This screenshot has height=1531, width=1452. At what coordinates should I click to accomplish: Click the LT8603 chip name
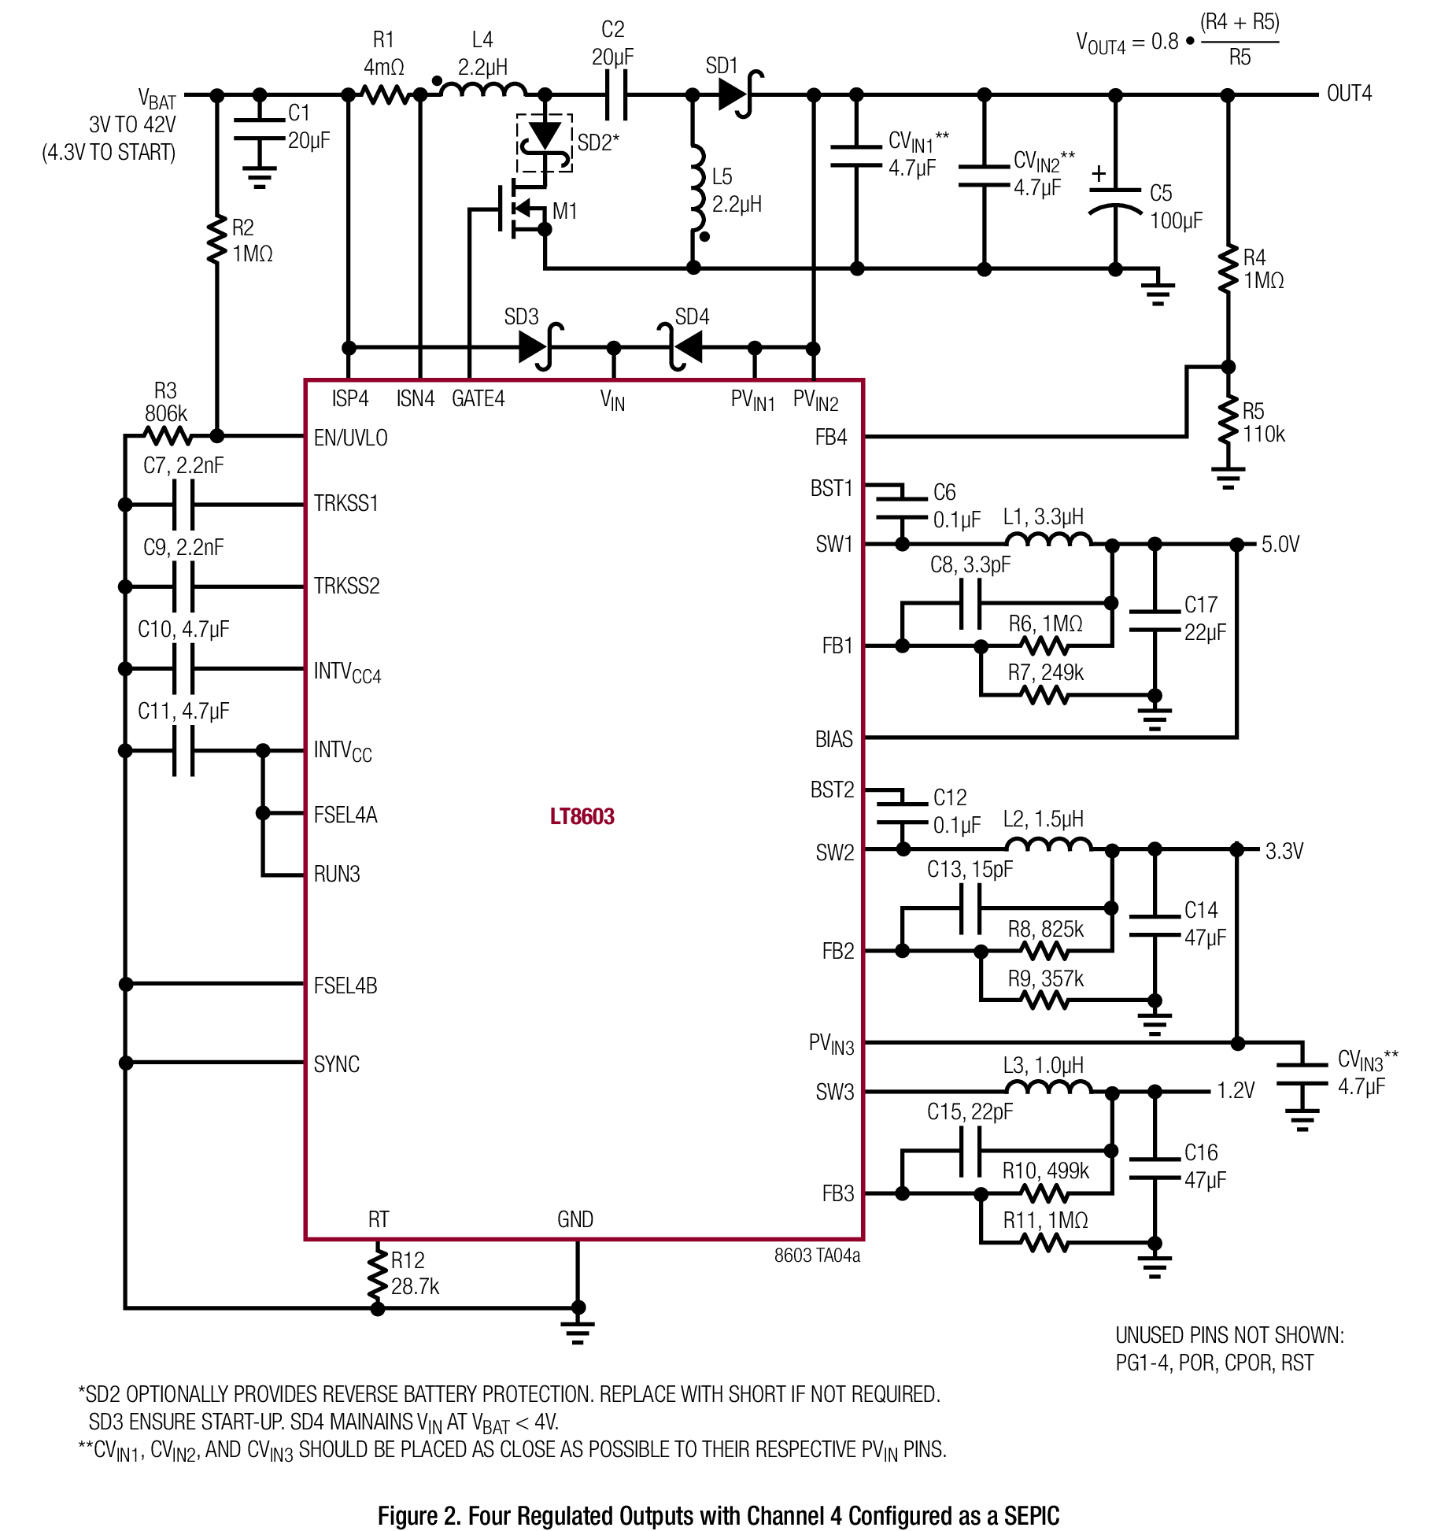tap(582, 816)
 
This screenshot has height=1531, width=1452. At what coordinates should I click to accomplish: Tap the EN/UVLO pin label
tap(350, 438)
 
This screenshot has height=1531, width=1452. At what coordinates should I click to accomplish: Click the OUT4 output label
tap(1349, 94)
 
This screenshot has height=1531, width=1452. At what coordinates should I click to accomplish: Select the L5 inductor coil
tap(697, 190)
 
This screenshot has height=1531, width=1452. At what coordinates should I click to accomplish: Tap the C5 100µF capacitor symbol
tap(1114, 200)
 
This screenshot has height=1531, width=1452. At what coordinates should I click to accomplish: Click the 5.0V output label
tap(1280, 544)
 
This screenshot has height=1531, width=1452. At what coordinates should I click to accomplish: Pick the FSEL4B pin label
tap(345, 986)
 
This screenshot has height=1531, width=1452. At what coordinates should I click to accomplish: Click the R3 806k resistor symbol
tap(168, 435)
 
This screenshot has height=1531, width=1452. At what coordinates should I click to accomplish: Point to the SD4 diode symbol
tap(680, 347)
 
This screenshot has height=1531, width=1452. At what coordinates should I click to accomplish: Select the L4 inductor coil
tap(482, 88)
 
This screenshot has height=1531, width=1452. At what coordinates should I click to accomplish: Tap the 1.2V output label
tap(1236, 1090)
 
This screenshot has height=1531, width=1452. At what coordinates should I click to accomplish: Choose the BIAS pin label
tap(834, 739)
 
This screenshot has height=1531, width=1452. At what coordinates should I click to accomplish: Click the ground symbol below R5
tap(1228, 477)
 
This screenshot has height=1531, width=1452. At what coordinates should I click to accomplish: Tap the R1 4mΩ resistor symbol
tap(385, 94)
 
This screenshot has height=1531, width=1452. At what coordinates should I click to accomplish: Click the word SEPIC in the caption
tap(1032, 1516)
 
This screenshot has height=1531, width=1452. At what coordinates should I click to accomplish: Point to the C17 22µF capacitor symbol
tap(1155, 621)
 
